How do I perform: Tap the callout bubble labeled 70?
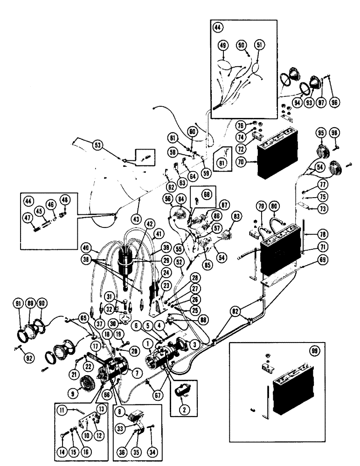(x=254, y=163)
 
